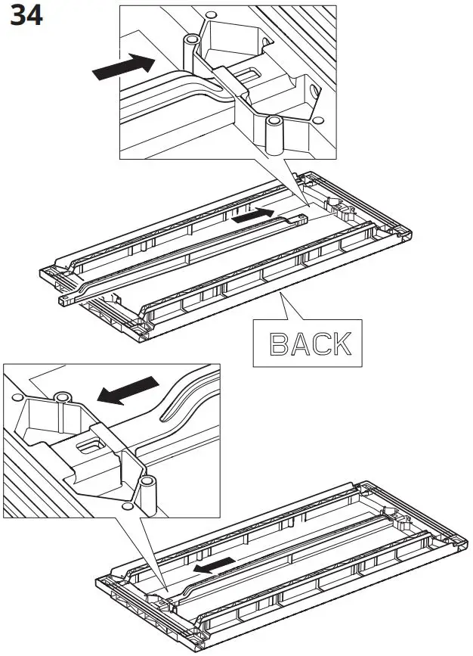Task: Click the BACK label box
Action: (x=311, y=343)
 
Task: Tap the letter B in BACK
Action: (x=280, y=344)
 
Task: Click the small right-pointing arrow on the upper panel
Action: (x=253, y=216)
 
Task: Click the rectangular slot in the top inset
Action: (x=249, y=74)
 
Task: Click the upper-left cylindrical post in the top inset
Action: (x=188, y=52)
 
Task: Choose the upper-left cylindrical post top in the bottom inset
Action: (x=62, y=396)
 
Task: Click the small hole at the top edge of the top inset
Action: (x=211, y=14)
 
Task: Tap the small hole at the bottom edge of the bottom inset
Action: (x=127, y=503)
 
